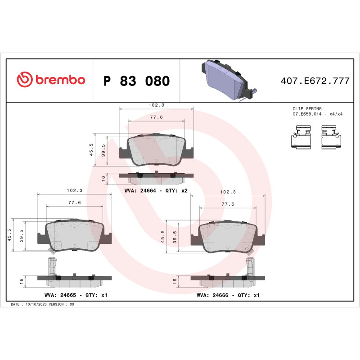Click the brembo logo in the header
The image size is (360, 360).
(x=51, y=80)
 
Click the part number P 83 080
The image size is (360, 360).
(x=136, y=81)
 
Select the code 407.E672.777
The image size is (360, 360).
(x=315, y=81)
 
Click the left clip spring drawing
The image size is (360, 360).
(x=301, y=137)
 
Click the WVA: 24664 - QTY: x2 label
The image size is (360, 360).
(x=156, y=191)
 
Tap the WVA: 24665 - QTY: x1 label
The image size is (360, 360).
(x=76, y=295)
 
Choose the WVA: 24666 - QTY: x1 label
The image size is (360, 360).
(x=229, y=295)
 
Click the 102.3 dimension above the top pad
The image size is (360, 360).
(x=156, y=105)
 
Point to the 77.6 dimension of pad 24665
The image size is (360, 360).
(x=74, y=202)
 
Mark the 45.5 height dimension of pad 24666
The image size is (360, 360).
(x=162, y=236)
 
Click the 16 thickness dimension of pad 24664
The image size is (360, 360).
(x=103, y=178)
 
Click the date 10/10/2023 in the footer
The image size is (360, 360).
(x=37, y=305)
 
